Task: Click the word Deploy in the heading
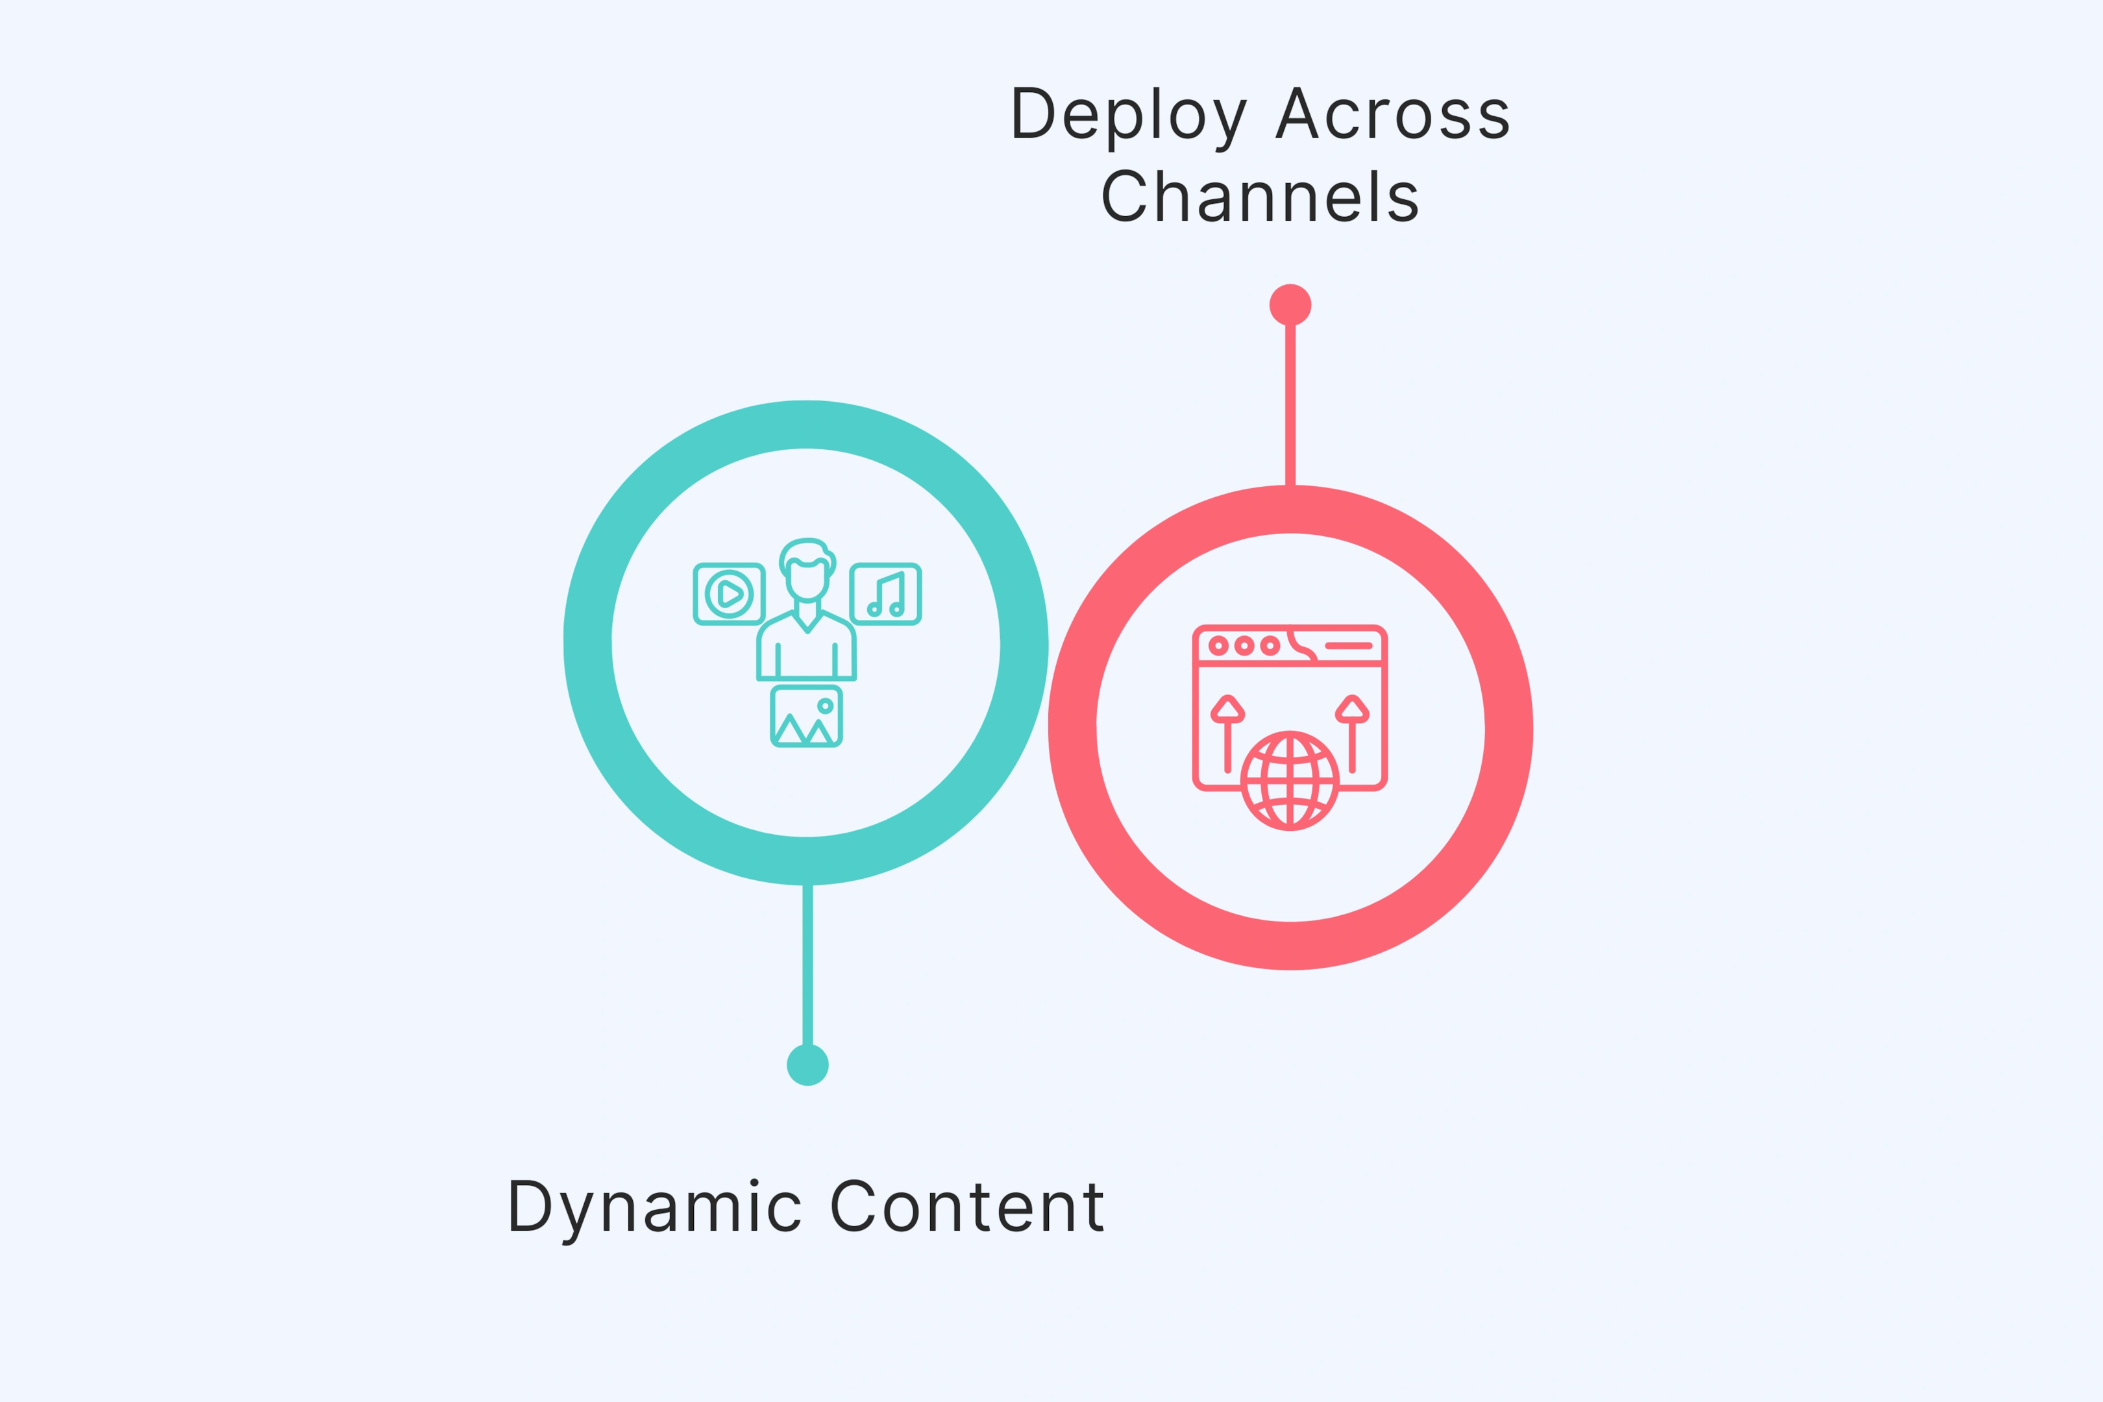[x=1128, y=114]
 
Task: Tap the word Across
[x=1392, y=114]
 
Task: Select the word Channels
[x=1260, y=197]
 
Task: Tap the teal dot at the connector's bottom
[x=807, y=1065]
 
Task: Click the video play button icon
[x=729, y=594]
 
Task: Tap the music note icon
[x=886, y=594]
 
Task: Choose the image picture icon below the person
[x=807, y=716]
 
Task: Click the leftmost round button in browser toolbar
[x=1218, y=646]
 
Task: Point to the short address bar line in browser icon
[x=1348, y=646]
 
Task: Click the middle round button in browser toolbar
[x=1244, y=646]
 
